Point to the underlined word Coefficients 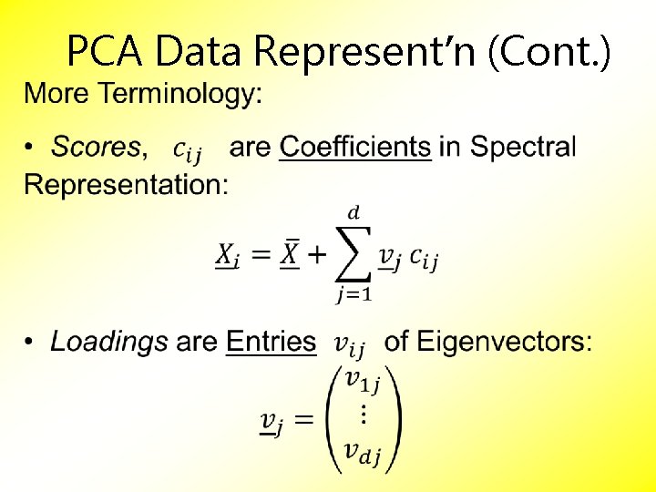click(355, 146)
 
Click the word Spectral click(523, 146)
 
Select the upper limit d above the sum click(354, 212)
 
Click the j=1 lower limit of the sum click(354, 294)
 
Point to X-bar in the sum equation click(289, 254)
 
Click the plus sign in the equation click(315, 255)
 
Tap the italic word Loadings click(109, 342)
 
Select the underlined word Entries click(271, 342)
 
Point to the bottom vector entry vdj click(362, 451)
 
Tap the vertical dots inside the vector click(363, 415)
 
